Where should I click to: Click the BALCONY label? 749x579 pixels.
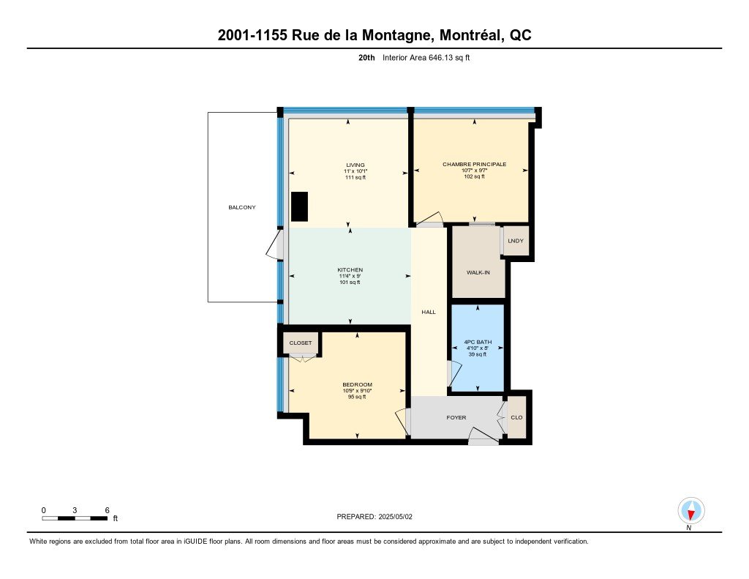241,207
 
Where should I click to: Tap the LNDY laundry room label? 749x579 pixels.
516,241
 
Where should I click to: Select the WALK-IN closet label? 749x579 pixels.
478,272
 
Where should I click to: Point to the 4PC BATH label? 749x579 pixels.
478,343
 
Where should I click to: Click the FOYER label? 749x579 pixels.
456,417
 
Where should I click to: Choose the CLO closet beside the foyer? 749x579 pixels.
516,417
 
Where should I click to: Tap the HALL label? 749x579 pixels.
429,313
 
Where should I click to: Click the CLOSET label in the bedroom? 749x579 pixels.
301,343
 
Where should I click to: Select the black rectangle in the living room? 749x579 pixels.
299,206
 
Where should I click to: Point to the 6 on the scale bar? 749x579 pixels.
107,510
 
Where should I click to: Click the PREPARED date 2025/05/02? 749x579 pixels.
396,517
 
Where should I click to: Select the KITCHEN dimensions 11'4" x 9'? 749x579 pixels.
350,277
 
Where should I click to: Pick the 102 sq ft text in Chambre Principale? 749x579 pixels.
474,176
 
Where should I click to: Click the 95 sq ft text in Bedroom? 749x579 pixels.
357,397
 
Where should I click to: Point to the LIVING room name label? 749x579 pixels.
355,165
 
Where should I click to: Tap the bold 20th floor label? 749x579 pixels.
367,58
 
